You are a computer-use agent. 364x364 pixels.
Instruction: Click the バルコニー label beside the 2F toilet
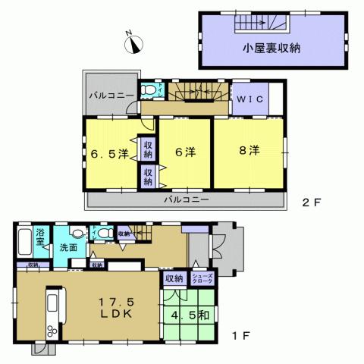(111, 96)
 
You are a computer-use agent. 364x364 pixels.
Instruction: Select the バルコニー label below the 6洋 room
(185, 199)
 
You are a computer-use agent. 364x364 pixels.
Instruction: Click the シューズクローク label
(204, 279)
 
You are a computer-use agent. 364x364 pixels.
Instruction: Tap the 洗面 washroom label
(71, 247)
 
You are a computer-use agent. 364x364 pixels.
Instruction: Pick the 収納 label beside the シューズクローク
(174, 279)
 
